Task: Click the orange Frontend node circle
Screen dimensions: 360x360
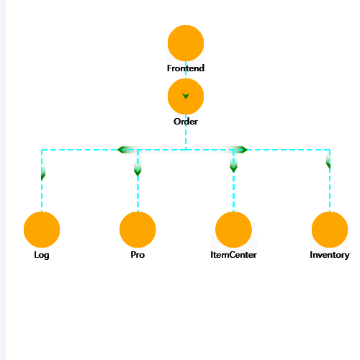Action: tap(186, 43)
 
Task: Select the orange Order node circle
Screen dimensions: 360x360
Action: tap(186, 96)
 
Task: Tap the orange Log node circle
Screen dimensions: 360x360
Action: tap(42, 230)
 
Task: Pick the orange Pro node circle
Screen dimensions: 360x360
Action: tap(138, 230)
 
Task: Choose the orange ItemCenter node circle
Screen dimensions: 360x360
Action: tap(233, 230)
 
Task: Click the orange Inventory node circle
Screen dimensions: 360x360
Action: tap(330, 230)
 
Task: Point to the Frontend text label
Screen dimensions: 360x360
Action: tap(186, 68)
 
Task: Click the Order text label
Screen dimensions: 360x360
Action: tap(186, 122)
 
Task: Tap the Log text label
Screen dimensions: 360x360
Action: tap(42, 255)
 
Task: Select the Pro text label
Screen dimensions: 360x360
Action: tap(138, 255)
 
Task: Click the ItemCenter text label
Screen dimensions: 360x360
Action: tap(233, 255)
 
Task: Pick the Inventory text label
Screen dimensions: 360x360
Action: tap(330, 255)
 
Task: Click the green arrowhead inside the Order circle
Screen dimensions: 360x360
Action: tap(186, 96)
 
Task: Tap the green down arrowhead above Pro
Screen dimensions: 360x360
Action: tap(138, 172)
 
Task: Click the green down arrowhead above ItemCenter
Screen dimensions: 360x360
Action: tap(233, 168)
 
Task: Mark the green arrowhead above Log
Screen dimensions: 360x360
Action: tap(43, 176)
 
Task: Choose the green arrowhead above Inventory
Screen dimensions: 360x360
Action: tap(328, 165)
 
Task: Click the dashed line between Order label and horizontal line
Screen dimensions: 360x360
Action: tap(186, 138)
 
